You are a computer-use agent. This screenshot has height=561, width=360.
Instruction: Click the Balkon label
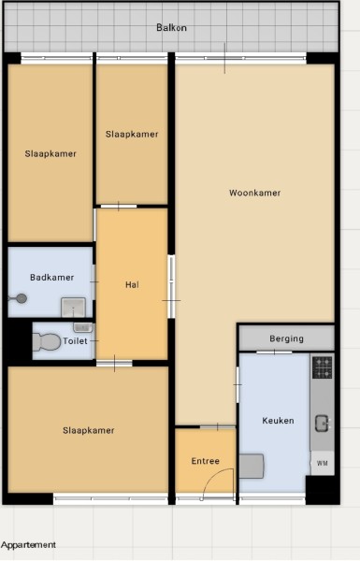pos(171,27)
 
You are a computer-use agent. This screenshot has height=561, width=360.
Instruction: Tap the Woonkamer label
pos(254,193)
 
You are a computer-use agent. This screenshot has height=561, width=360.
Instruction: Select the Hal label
pos(132,285)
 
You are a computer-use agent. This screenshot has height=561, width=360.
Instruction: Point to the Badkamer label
pos(51,278)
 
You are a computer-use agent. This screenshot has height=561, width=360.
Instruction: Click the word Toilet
pos(75,341)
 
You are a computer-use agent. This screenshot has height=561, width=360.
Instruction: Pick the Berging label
pos(287,338)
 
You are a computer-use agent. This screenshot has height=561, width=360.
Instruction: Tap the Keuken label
pos(278,421)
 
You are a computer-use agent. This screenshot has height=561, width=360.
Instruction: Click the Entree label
pos(206,461)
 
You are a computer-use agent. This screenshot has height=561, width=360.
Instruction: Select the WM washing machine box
pos(322,463)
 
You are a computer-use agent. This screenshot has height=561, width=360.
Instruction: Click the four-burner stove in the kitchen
pos(322,367)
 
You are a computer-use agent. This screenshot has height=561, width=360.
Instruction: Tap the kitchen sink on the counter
pos(322,424)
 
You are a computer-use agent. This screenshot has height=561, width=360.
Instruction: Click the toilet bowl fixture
pos(47,342)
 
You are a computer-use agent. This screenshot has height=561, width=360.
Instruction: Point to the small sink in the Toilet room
pos(82,327)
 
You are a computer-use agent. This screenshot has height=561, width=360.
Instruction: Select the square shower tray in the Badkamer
pos(73,308)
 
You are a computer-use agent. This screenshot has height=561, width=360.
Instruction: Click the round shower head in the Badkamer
pos(22,298)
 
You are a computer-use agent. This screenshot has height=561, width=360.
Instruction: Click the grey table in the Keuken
pos(252,467)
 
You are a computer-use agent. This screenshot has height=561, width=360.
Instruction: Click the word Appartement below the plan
pos(28,545)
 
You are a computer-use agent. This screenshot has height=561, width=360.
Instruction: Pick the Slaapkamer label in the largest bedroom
pos(89,430)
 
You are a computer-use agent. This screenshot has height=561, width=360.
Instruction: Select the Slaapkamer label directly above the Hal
pos(132,134)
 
